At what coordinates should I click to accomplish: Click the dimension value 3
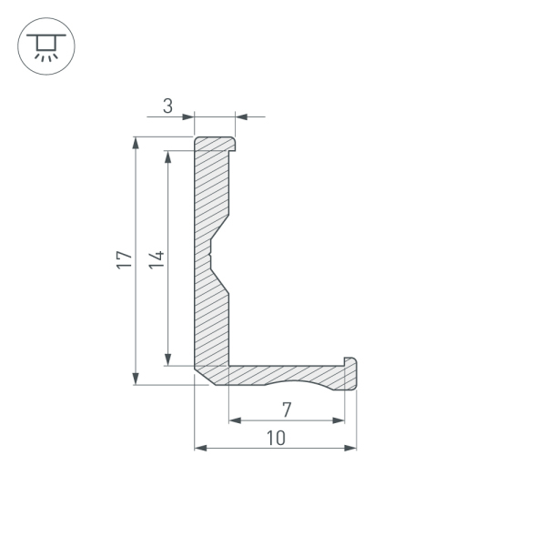click(x=167, y=106)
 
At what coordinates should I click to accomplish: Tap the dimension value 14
click(x=157, y=260)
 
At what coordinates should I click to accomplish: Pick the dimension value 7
click(x=286, y=409)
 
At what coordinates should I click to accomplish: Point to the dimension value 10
click(x=276, y=438)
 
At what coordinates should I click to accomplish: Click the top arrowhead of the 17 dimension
click(x=136, y=144)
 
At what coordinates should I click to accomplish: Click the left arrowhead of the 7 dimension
click(x=234, y=420)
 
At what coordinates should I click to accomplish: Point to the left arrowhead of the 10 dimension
click(x=201, y=448)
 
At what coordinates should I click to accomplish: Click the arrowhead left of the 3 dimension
click(x=188, y=116)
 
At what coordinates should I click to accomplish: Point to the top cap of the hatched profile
click(x=216, y=144)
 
